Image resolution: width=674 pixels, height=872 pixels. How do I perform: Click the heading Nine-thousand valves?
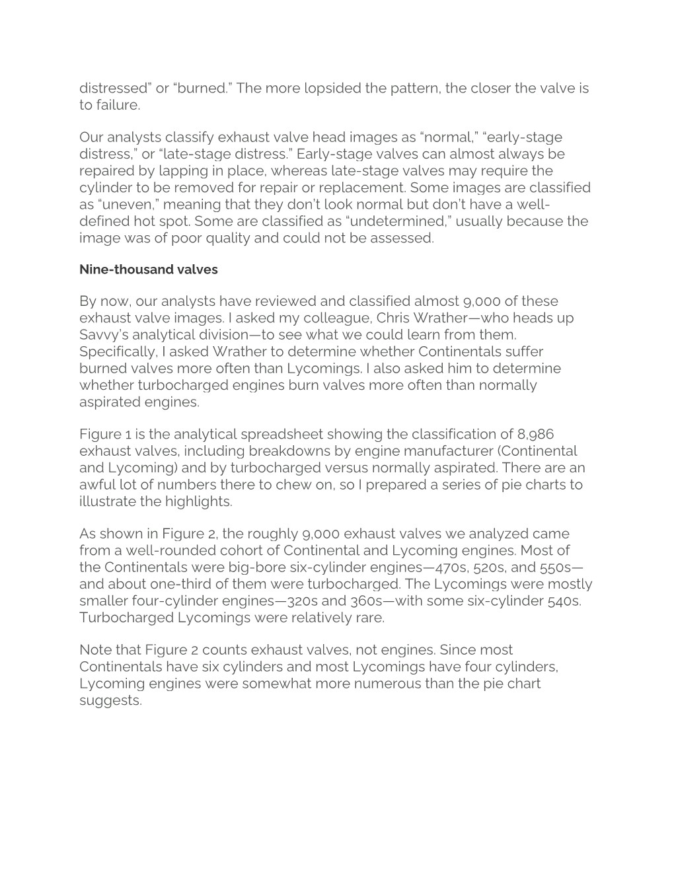pos(148,270)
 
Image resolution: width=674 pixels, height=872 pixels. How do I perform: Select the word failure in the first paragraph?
pos(118,105)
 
